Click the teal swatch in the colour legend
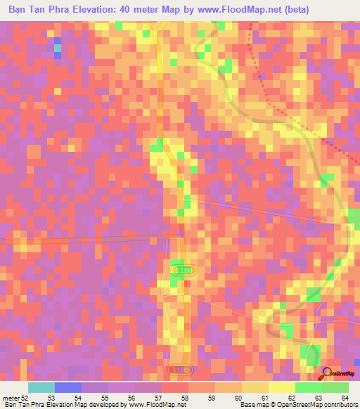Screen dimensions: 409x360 [x=41, y=387]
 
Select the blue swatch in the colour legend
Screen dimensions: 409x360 [x=68, y=387]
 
